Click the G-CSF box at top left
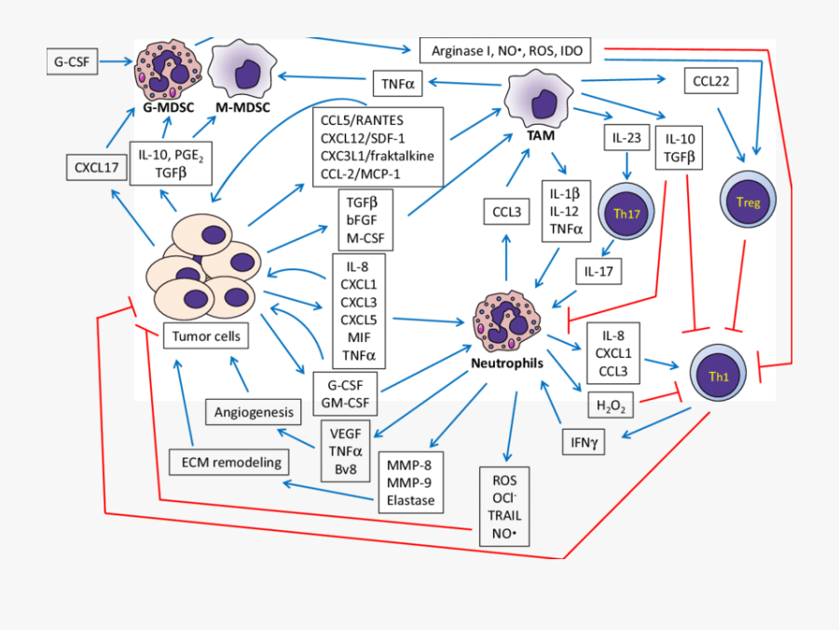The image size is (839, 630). pyautogui.click(x=73, y=62)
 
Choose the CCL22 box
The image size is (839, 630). pyautogui.click(x=711, y=82)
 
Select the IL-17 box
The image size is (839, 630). pyautogui.click(x=598, y=272)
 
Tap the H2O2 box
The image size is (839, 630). pyautogui.click(x=612, y=405)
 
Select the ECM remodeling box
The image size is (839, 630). pyautogui.click(x=229, y=460)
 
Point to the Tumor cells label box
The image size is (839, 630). pyautogui.click(x=206, y=336)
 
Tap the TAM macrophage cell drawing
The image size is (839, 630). pyautogui.click(x=538, y=97)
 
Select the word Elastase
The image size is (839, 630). pyautogui.click(x=409, y=500)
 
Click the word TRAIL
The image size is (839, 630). pyautogui.click(x=504, y=515)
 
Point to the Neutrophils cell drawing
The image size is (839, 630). pyautogui.click(x=504, y=322)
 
